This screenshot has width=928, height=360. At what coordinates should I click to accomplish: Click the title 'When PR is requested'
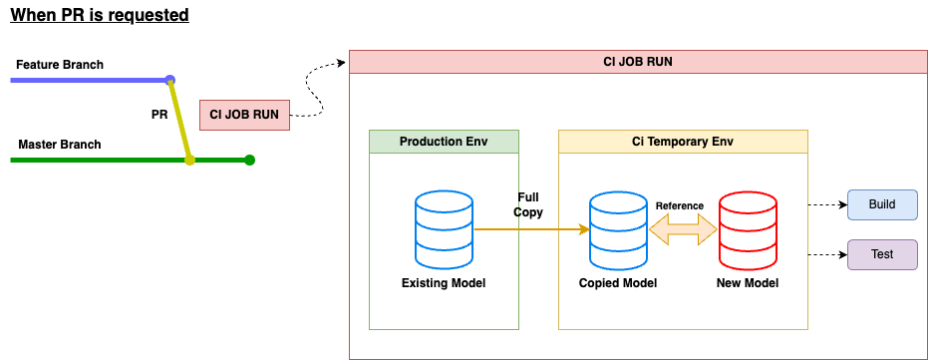pyautogui.click(x=100, y=14)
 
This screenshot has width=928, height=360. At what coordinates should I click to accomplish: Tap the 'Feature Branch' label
pyautogui.click(x=60, y=65)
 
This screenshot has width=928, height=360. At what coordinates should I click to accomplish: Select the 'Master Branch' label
pyautogui.click(x=60, y=145)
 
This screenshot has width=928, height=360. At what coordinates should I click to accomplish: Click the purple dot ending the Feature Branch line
pyautogui.click(x=170, y=80)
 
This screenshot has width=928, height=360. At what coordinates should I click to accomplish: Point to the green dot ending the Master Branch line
pyautogui.click(x=250, y=160)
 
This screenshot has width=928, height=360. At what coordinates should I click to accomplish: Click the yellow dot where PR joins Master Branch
pyautogui.click(x=189, y=160)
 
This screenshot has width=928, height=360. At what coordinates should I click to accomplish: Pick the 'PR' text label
pyautogui.click(x=159, y=115)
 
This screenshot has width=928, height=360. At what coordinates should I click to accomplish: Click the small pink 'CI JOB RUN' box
pyautogui.click(x=244, y=115)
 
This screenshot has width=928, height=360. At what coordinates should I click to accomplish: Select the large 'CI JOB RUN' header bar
pyautogui.click(x=637, y=62)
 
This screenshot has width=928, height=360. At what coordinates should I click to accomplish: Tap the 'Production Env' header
pyautogui.click(x=444, y=142)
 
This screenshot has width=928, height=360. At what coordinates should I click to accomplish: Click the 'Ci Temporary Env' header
pyautogui.click(x=683, y=142)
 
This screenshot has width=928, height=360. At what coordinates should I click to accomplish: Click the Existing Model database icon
pyautogui.click(x=444, y=228)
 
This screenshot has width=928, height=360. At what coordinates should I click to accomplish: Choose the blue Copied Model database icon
pyautogui.click(x=618, y=228)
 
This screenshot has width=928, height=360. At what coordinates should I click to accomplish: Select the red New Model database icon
pyautogui.click(x=748, y=228)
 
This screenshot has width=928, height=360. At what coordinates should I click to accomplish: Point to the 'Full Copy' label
pyautogui.click(x=528, y=204)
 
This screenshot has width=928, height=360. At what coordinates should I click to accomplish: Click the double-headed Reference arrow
pyautogui.click(x=683, y=229)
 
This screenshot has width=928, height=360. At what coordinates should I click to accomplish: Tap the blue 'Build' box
pyautogui.click(x=882, y=204)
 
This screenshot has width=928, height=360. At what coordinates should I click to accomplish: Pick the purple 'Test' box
pyautogui.click(x=882, y=254)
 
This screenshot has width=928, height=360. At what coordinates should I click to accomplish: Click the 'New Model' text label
pyautogui.click(x=748, y=283)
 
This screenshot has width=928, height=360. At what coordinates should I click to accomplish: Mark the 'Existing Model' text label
pyautogui.click(x=444, y=283)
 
